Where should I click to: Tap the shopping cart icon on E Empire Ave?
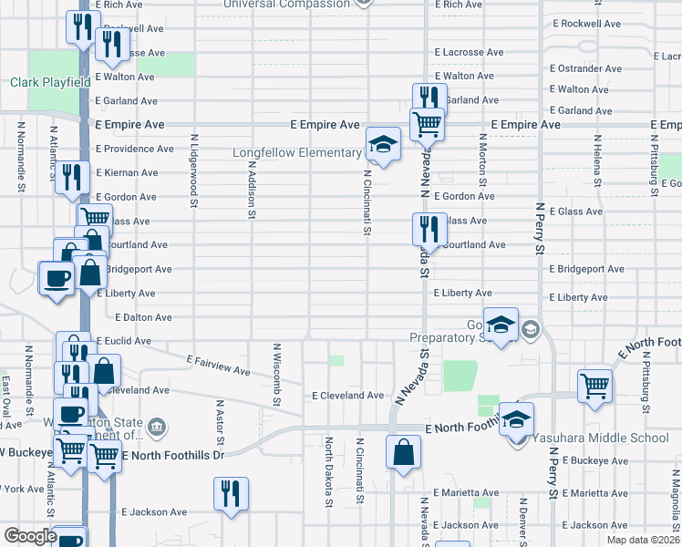pyautogui.click(x=426, y=122)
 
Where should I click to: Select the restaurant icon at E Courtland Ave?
pyautogui.click(x=425, y=228)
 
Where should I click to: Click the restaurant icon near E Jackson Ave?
pyautogui.click(x=231, y=493)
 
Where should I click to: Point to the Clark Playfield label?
pyautogui.click(x=50, y=82)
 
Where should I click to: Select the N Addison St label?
pyautogui.click(x=251, y=191)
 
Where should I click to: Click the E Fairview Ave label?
pyautogui.click(x=218, y=365)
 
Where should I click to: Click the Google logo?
pyautogui.click(x=29, y=536)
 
